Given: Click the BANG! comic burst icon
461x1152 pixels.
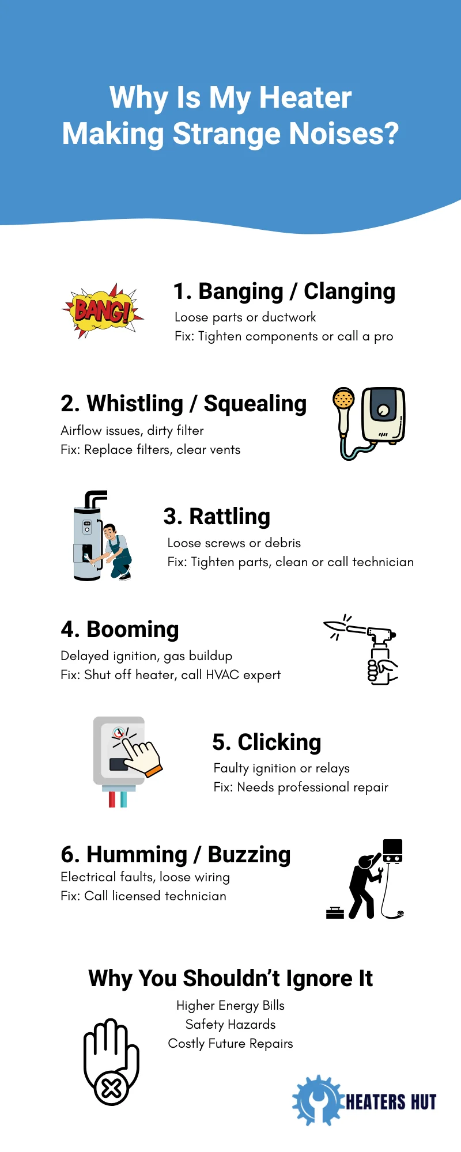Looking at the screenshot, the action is pyautogui.click(x=103, y=310).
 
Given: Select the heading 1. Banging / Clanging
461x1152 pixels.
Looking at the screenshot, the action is pyautogui.click(x=284, y=291).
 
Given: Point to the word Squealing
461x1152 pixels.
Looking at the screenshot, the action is pyautogui.click(x=255, y=404).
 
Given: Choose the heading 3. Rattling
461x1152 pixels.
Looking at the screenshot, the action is pyautogui.click(x=217, y=517).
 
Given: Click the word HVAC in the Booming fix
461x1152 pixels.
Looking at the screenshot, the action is pyautogui.click(x=222, y=674).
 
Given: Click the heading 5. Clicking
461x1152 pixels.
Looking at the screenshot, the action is pyautogui.click(x=266, y=742).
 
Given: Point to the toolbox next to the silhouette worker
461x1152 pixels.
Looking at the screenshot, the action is pyautogui.click(x=335, y=912).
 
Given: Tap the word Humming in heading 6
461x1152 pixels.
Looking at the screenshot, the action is pyautogui.click(x=137, y=855).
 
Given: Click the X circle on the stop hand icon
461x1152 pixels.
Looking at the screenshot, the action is pyautogui.click(x=111, y=1088).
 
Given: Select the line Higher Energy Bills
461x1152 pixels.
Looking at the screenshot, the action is pyautogui.click(x=231, y=1006).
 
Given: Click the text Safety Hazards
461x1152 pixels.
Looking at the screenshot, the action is pyautogui.click(x=231, y=1025).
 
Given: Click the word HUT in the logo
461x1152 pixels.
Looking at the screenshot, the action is pyautogui.click(x=423, y=1102).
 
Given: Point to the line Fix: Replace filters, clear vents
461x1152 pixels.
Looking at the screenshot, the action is pyautogui.click(x=150, y=450).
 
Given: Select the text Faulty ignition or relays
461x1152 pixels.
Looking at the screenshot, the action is pyautogui.click(x=282, y=768).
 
